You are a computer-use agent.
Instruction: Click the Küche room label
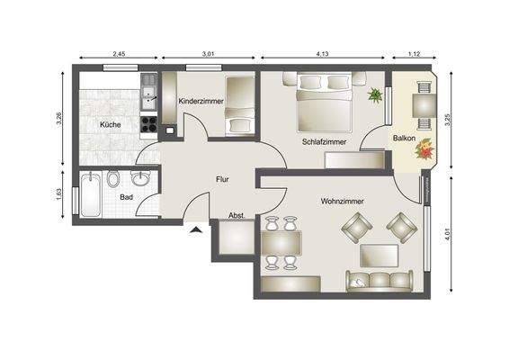(111, 126)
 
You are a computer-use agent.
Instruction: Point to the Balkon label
(403, 139)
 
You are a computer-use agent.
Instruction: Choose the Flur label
(223, 179)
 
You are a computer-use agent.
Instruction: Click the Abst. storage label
(237, 216)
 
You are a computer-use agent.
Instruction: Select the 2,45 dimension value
(118, 55)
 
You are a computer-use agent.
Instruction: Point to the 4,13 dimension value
(322, 55)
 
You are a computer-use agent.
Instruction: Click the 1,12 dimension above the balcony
(414, 55)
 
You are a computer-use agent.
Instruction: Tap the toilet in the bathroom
(113, 181)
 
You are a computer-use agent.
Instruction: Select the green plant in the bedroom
(373, 94)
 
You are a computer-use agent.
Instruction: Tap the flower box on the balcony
(423, 155)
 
